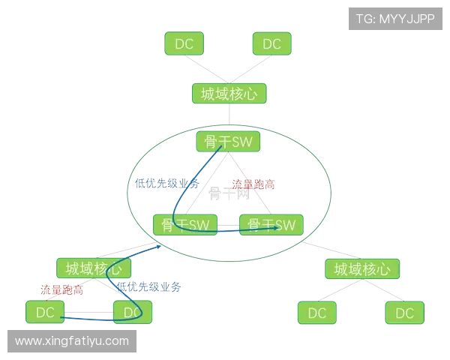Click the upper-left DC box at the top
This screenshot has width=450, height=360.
(184, 44)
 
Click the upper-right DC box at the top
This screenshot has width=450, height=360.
(271, 44)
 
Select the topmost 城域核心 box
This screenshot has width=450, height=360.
(229, 94)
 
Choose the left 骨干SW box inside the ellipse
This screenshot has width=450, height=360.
(184, 225)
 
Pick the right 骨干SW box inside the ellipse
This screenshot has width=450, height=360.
(271, 225)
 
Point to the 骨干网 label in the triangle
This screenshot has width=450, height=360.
(228, 193)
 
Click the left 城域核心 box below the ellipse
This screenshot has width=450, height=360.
(94, 268)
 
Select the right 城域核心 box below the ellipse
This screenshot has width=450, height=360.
(362, 268)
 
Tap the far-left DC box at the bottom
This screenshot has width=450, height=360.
(45, 312)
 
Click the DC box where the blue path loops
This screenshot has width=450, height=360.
(133, 312)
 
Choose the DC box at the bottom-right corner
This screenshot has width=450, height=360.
(404, 313)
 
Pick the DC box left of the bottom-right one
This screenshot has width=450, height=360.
(317, 313)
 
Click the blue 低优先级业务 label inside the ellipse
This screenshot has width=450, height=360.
(166, 182)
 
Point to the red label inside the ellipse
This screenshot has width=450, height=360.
(253, 183)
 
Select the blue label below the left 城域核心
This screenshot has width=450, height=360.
(147, 286)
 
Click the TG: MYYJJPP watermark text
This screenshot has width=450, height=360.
(395, 18)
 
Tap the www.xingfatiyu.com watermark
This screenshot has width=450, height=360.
(72, 341)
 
